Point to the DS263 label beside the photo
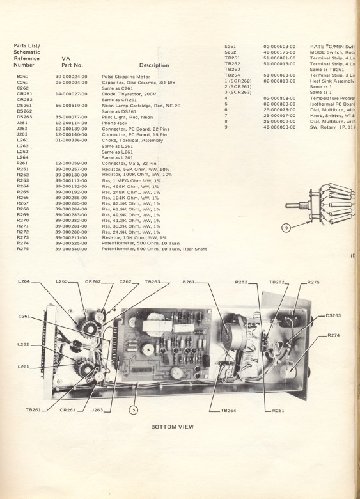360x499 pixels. [x=334, y=315]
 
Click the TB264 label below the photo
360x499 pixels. [x=228, y=410]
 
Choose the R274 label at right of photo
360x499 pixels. [x=334, y=335]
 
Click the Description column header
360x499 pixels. [x=154, y=65]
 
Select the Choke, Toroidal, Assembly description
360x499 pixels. [x=132, y=139]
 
